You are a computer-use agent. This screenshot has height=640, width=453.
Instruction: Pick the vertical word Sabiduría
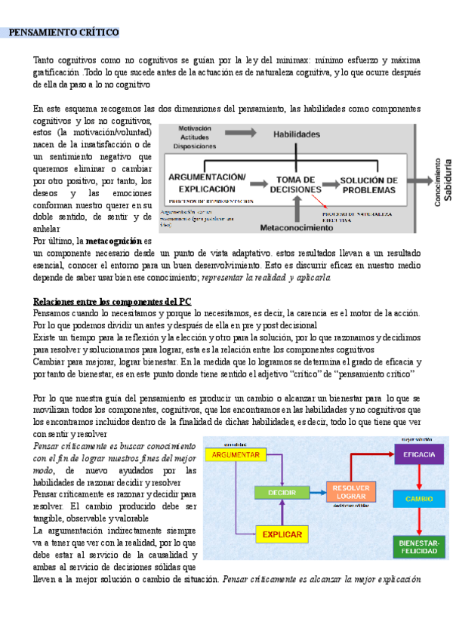(446, 182)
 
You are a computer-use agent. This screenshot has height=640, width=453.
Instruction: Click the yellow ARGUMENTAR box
(236, 455)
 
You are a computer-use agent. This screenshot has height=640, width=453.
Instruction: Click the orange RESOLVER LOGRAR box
(351, 492)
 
